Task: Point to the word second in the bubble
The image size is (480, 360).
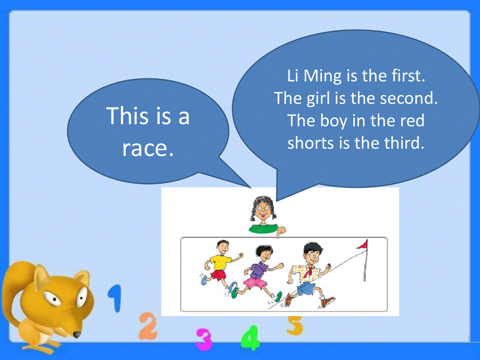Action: pyautogui.click(x=409, y=98)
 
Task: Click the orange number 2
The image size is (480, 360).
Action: pyautogui.click(x=148, y=326)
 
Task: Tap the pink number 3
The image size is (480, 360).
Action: pyautogui.click(x=204, y=339)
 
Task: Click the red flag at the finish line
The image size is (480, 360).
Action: pyautogui.click(x=362, y=244)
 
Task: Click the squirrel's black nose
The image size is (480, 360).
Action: pyautogui.click(x=76, y=334)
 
